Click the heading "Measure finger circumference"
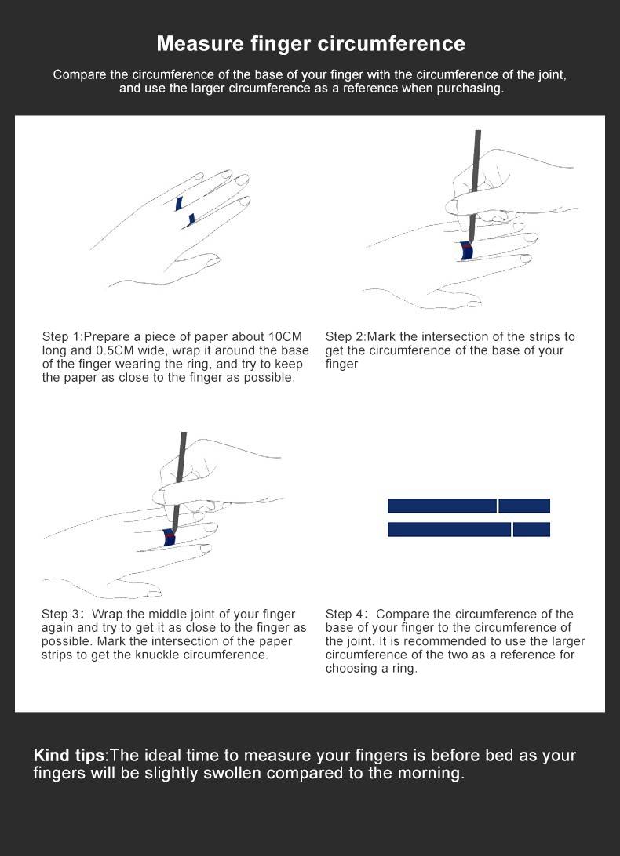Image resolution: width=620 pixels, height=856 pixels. (x=311, y=43)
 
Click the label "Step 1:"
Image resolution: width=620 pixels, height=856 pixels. (x=62, y=337)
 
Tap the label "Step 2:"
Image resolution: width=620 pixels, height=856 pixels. (x=345, y=337)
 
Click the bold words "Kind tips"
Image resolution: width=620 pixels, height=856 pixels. (x=69, y=756)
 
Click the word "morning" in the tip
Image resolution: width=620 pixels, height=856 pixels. (x=434, y=774)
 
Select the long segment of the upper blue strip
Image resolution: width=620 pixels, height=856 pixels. (x=442, y=506)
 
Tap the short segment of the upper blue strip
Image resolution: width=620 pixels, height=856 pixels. (x=524, y=506)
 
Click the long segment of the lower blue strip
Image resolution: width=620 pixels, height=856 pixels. (x=449, y=529)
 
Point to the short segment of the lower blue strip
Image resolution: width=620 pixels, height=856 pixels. (x=531, y=529)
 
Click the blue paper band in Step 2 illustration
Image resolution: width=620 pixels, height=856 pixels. (x=466, y=252)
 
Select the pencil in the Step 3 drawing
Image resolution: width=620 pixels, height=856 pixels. (x=180, y=478)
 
